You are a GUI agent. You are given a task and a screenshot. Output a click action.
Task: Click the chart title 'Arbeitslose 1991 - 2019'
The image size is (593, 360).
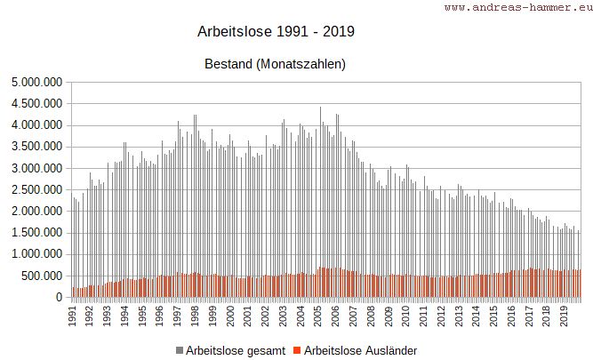point(276,32)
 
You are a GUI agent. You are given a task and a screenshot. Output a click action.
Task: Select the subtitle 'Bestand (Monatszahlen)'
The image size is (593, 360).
point(275,64)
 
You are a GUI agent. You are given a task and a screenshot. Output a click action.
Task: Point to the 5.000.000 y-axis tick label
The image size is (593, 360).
point(35,82)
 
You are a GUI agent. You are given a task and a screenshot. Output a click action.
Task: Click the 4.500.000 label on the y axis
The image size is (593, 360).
point(35,103)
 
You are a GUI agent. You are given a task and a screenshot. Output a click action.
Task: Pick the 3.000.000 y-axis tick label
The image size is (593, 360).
point(35,168)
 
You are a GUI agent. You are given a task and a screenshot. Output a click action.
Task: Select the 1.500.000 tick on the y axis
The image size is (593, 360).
point(35,233)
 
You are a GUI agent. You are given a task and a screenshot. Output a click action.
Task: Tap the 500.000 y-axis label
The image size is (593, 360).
point(40,276)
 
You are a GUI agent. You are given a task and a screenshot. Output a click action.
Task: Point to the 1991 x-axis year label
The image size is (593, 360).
point(73,316)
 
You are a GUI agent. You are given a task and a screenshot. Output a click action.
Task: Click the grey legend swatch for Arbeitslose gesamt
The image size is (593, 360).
point(180,351)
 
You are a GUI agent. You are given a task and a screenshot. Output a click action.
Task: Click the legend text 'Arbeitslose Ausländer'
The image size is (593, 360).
point(360,351)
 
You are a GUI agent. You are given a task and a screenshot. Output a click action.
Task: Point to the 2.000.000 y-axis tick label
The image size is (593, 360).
point(35,212)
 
